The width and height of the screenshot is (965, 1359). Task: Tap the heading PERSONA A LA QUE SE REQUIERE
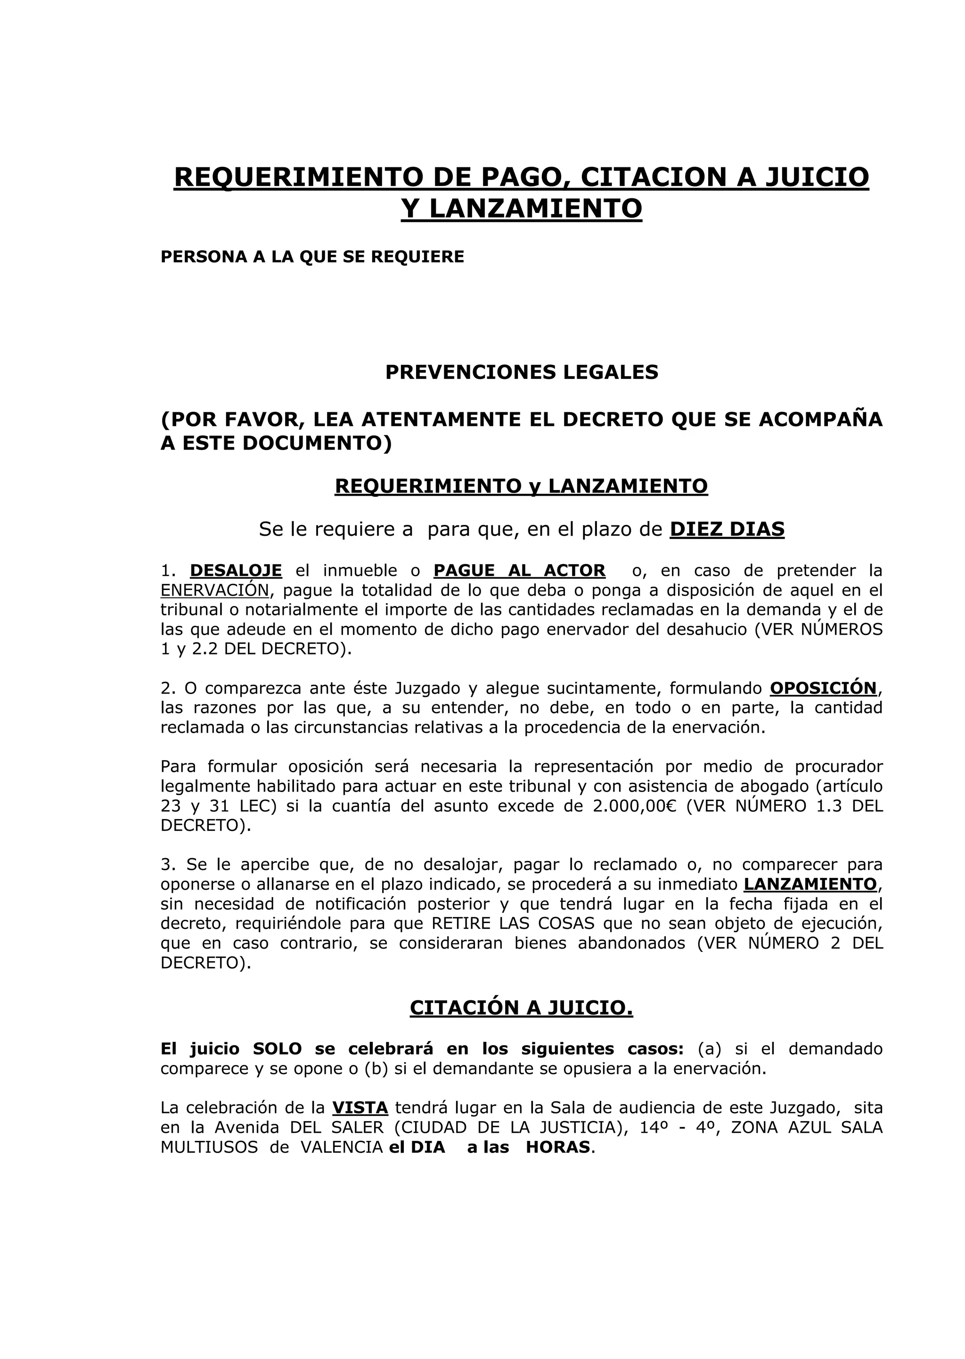pyautogui.click(x=312, y=257)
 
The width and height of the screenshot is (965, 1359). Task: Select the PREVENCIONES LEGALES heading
pyautogui.click(x=522, y=372)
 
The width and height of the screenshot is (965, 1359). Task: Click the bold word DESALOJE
pyautogui.click(x=236, y=571)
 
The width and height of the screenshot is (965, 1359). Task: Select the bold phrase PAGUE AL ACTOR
pyautogui.click(x=519, y=571)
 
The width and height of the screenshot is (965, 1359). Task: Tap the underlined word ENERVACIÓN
pyautogui.click(x=214, y=590)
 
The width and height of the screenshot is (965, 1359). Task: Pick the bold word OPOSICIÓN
pyautogui.click(x=823, y=688)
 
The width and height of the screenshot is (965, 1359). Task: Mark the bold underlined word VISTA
pyautogui.click(x=360, y=1108)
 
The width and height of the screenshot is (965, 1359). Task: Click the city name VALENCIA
pyautogui.click(x=341, y=1147)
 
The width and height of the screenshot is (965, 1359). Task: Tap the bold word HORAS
pyautogui.click(x=558, y=1147)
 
